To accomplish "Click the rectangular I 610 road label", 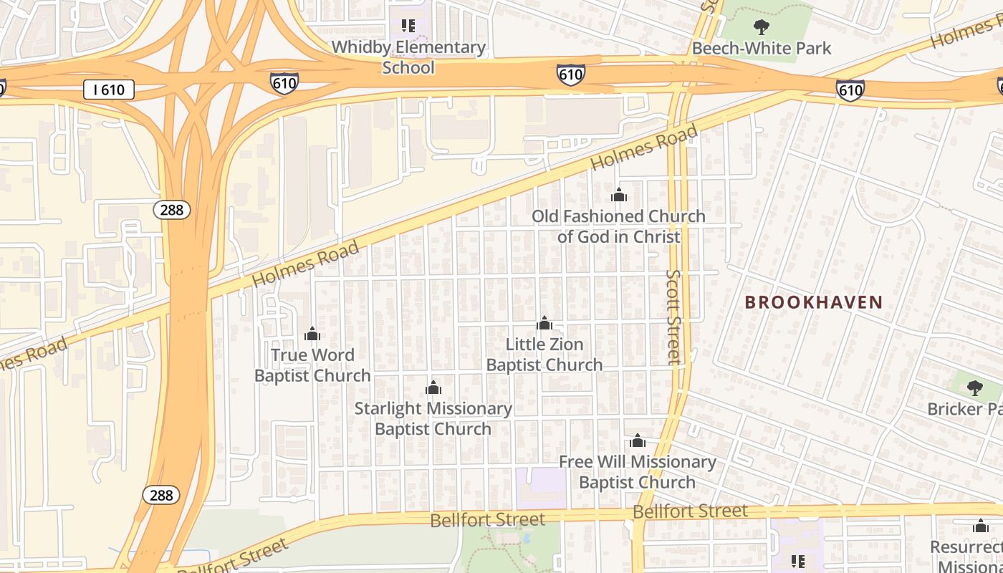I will (x=108, y=90).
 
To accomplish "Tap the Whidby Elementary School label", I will (x=408, y=57).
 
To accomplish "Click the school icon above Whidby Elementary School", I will (x=408, y=27).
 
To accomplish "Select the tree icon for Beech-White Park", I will (x=761, y=28).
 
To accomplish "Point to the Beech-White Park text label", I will (x=761, y=48).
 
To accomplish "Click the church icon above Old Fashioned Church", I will (x=619, y=195).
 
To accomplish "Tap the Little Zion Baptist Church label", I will (x=544, y=355).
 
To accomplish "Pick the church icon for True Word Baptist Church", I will (x=312, y=334).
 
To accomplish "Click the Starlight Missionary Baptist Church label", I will (x=433, y=419).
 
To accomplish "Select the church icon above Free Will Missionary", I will (x=637, y=440).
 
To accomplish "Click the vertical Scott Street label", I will (x=673, y=317).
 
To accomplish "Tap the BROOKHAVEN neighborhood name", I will (x=813, y=302).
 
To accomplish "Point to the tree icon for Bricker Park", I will (x=974, y=388).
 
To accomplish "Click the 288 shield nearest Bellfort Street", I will (x=161, y=495).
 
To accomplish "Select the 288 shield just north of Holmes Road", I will (x=171, y=209).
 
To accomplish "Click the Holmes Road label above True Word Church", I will (x=306, y=264).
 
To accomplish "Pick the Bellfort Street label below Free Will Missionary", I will (x=690, y=511).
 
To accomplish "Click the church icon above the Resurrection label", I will (x=981, y=526).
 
